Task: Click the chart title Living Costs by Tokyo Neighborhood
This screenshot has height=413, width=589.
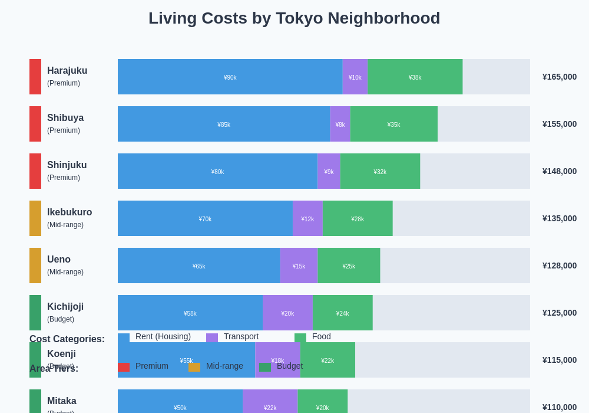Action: (x=294, y=18)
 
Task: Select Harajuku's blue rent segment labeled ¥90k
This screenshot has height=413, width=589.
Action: (x=230, y=77)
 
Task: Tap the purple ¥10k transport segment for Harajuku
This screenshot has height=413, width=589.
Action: (x=355, y=77)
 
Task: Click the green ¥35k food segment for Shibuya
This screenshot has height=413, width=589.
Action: (x=393, y=124)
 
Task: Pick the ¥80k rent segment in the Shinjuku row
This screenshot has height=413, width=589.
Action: (x=217, y=171)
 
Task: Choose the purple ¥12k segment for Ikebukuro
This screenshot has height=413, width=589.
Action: (x=307, y=218)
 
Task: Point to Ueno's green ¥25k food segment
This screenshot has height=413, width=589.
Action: (x=349, y=265)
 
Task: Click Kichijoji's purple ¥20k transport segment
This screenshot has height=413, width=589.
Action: (x=287, y=313)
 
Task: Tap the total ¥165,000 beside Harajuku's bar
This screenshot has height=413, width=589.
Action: (x=559, y=77)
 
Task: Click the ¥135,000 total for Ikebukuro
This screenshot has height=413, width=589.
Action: (x=559, y=218)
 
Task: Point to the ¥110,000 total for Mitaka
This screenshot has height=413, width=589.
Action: (x=559, y=407)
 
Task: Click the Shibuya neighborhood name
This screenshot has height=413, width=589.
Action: (x=65, y=118)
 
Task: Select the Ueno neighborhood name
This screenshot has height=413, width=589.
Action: (x=59, y=260)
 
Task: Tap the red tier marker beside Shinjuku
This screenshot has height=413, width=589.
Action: (x=35, y=171)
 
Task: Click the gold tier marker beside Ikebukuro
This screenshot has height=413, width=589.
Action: (x=35, y=218)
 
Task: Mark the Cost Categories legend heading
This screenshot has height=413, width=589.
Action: (x=67, y=339)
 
